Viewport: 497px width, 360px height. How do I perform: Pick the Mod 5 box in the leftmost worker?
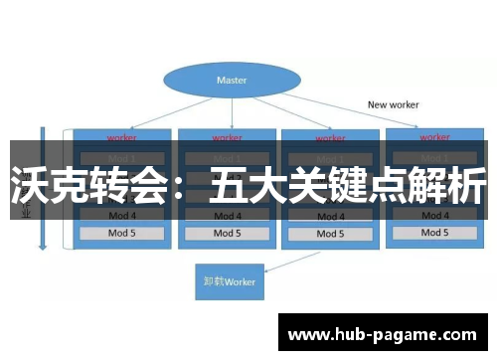120,233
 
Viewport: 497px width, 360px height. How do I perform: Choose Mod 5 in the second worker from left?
226,233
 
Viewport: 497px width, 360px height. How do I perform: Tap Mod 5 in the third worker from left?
331,233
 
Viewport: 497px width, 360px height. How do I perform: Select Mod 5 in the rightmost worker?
434,233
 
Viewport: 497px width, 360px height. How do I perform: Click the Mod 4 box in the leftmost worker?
120,215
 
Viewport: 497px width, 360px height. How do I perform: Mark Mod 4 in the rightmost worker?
434,215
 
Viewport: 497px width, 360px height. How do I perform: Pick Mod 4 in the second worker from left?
226,215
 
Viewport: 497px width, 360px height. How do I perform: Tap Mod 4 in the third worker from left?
331,215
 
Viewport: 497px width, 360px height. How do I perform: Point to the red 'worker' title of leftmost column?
120,137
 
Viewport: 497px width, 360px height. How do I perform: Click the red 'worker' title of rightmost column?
434,134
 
